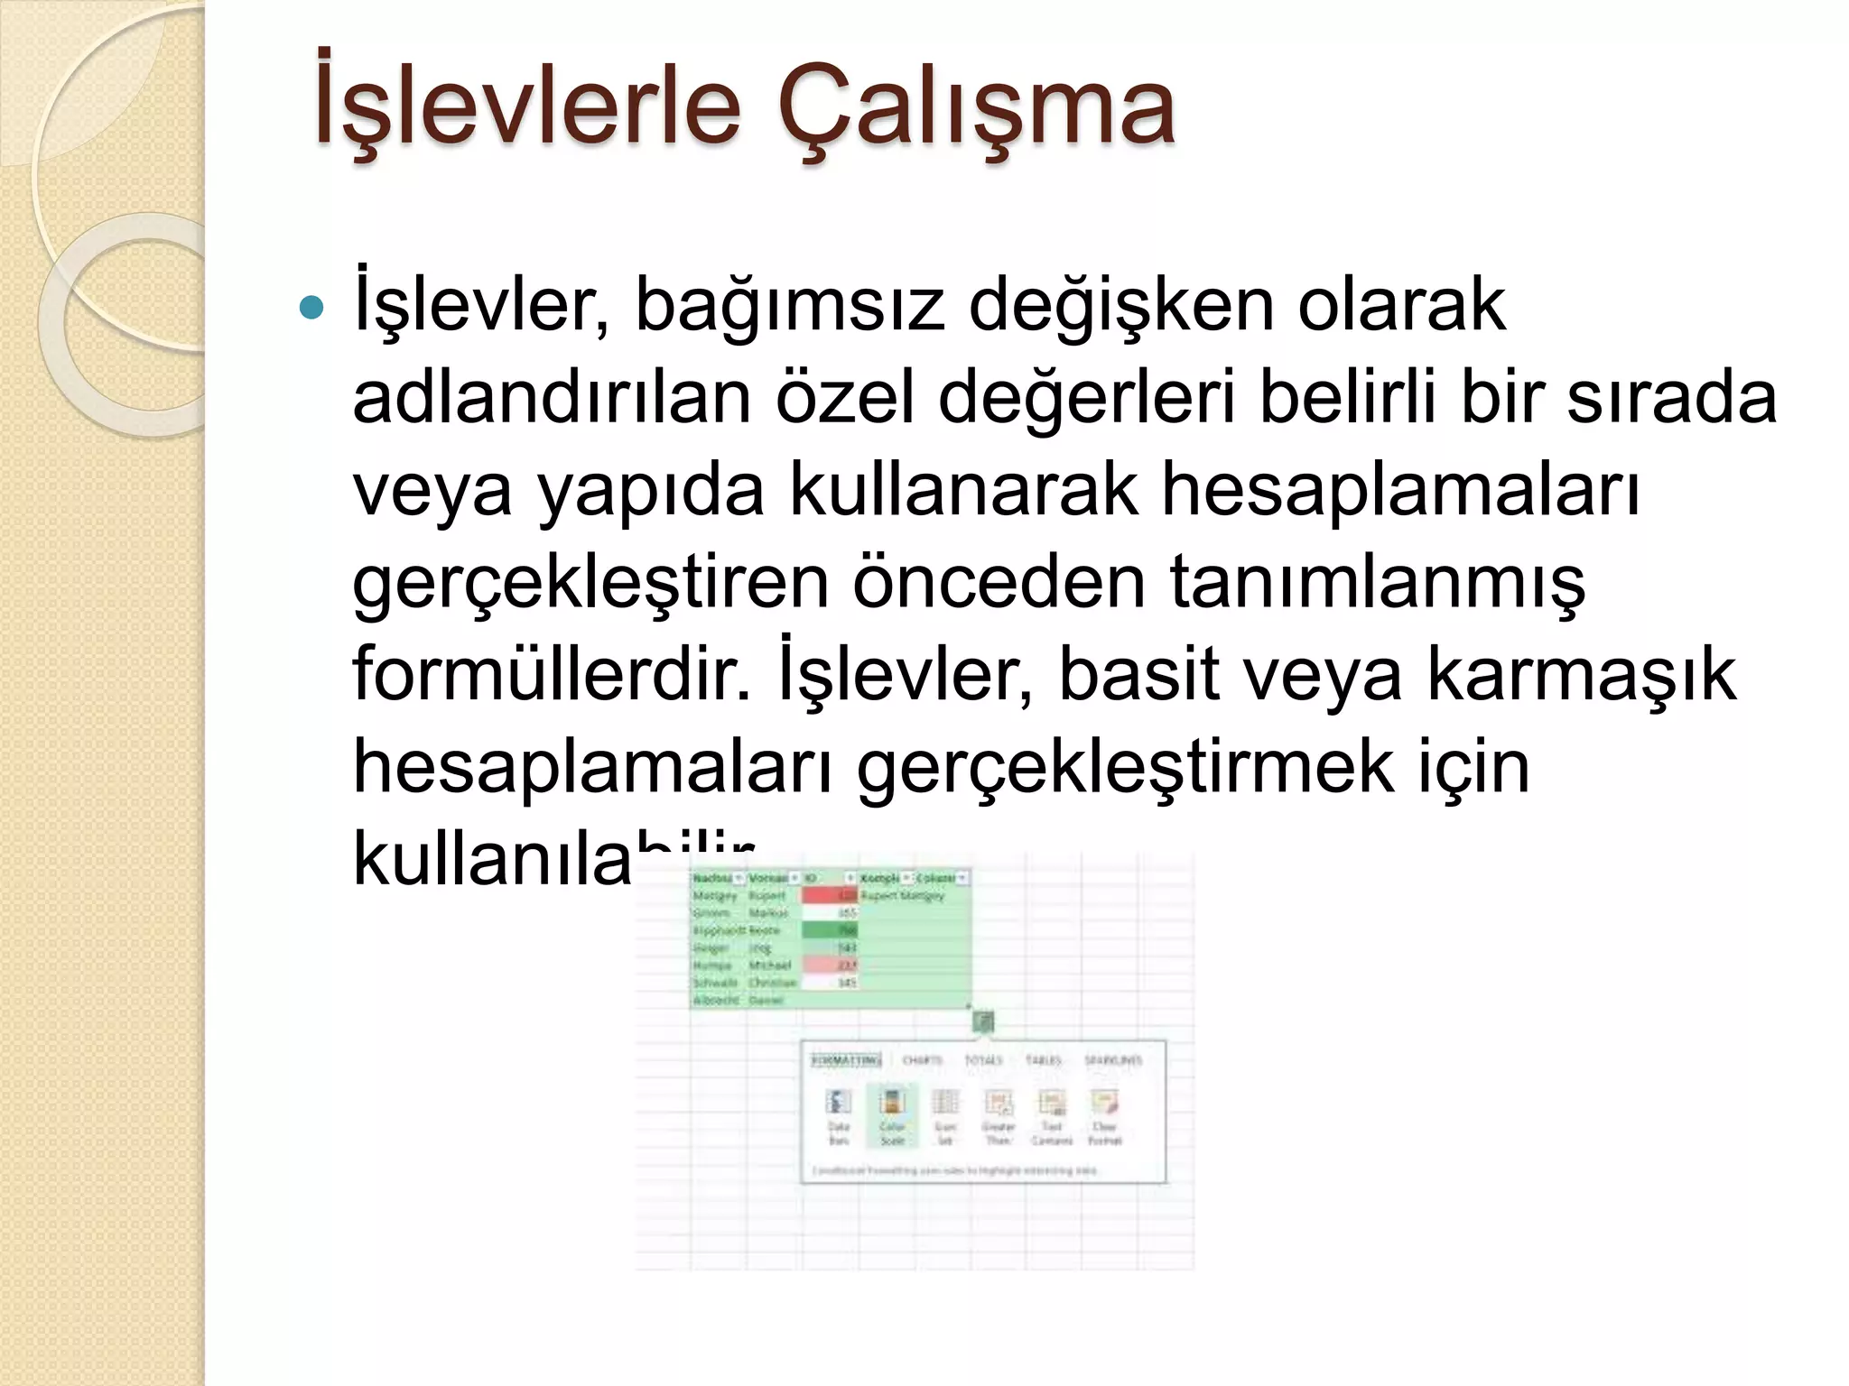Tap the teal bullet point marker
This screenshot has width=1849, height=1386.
pos(311,308)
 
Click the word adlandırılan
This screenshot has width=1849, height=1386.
pos(552,397)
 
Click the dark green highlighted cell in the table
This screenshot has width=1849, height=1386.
pos(828,929)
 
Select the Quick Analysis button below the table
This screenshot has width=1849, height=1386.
pos(983,1021)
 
